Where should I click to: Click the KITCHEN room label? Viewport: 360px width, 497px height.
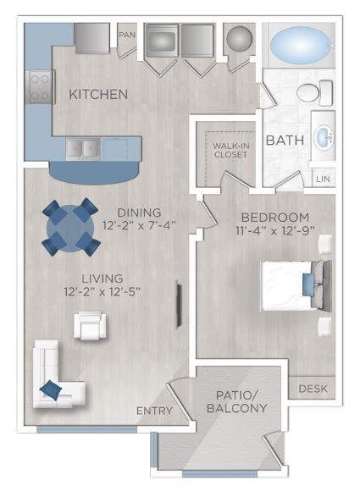click(98, 94)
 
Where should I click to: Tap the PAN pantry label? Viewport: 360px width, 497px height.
click(127, 35)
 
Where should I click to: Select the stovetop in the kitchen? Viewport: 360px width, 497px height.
click(40, 86)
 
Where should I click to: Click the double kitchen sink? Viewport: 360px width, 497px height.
click(84, 148)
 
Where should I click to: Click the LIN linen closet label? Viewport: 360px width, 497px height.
click(323, 179)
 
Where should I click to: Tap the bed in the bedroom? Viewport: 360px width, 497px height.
click(292, 285)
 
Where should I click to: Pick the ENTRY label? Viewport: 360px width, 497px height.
click(154, 411)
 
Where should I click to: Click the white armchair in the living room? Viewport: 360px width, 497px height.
click(89, 325)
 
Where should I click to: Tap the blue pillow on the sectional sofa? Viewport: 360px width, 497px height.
click(52, 390)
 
